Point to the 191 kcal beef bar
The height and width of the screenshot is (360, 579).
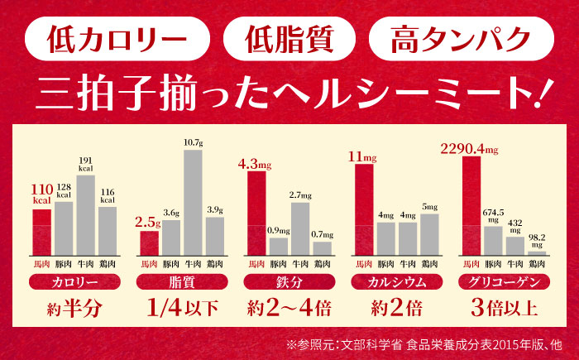click(85, 215)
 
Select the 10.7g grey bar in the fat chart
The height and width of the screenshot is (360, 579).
click(193, 201)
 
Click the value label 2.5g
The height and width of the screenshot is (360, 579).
click(147, 223)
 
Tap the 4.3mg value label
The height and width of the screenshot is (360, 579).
click(255, 163)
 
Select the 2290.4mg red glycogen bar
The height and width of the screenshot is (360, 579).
click(471, 205)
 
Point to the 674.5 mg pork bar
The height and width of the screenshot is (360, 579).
click(494, 241)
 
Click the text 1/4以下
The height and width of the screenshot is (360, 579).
click(182, 309)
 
